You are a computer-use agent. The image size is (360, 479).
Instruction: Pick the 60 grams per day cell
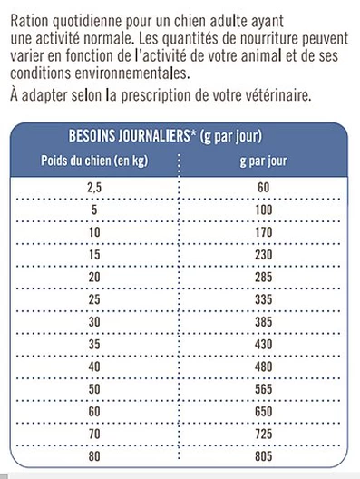pyautogui.click(x=264, y=188)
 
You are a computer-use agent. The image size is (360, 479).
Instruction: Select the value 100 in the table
pyautogui.click(x=264, y=210)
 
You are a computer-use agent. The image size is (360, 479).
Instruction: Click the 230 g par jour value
pyautogui.click(x=264, y=256)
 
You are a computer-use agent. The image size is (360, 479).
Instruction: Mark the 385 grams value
pyautogui.click(x=264, y=322)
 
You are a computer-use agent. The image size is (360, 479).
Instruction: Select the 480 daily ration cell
pyautogui.click(x=264, y=367)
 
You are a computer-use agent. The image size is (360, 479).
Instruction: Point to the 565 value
pyautogui.click(x=264, y=388)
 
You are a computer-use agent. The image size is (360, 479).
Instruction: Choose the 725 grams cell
pyautogui.click(x=264, y=434)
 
